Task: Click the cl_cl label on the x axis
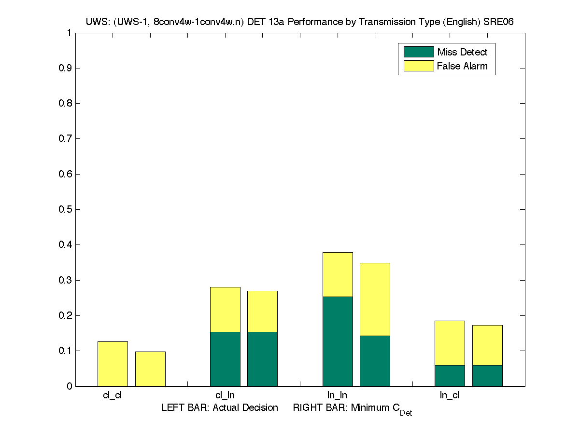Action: tap(112, 395)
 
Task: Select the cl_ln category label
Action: tap(225, 395)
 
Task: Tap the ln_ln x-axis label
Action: tap(337, 395)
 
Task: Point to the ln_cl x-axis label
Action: tap(449, 395)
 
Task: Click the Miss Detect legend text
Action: tap(462, 52)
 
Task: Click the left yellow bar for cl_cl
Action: tap(113, 364)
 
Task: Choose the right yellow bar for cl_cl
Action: tap(150, 369)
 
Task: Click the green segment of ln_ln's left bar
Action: tap(338, 341)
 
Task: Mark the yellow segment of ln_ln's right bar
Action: tap(375, 299)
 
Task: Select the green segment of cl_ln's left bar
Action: tap(225, 359)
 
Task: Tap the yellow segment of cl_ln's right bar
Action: tap(262, 311)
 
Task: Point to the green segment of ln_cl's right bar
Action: tap(487, 376)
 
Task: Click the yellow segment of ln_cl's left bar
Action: tap(450, 343)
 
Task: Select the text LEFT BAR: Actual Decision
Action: tap(220, 408)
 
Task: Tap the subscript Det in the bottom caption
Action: tap(406, 413)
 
